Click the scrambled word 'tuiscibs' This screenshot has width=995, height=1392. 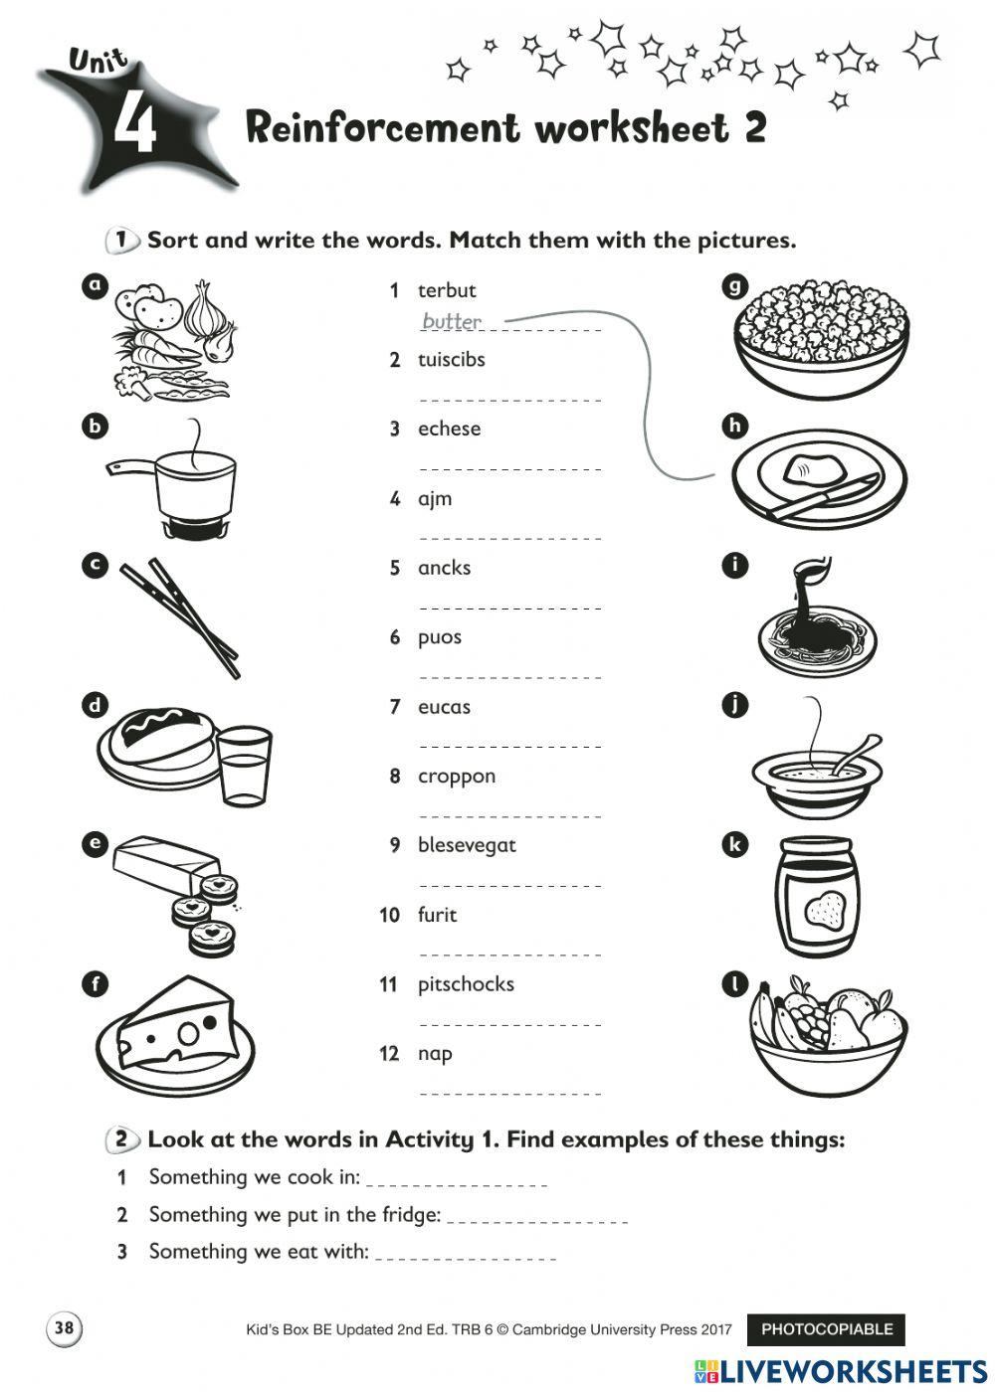point(451,360)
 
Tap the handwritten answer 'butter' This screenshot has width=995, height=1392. point(452,321)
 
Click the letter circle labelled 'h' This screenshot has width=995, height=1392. point(734,427)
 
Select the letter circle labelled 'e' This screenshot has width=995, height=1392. point(95,845)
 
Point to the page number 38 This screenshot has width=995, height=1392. point(64,1328)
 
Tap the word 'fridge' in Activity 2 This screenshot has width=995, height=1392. point(406,1214)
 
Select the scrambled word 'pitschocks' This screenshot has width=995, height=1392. point(466,984)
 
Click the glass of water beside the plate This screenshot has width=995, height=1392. point(244,764)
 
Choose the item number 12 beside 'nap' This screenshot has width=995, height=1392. point(389,1054)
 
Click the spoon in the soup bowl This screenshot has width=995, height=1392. point(856,754)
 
